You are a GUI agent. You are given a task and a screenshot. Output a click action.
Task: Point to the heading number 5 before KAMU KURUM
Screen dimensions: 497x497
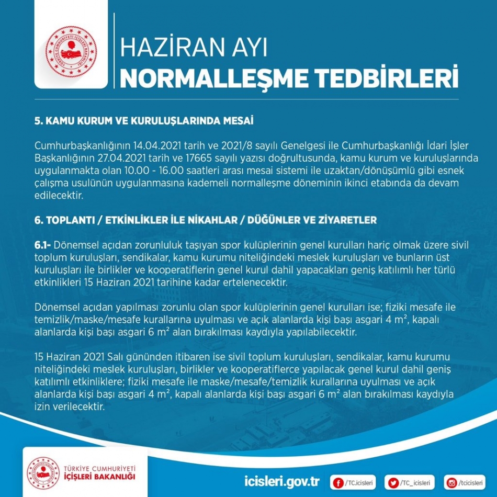(x=38, y=121)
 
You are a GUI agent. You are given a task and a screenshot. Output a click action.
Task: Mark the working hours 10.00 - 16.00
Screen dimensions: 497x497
(x=163, y=170)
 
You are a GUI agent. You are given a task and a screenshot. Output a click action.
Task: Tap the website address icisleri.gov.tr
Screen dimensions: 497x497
(x=282, y=480)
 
